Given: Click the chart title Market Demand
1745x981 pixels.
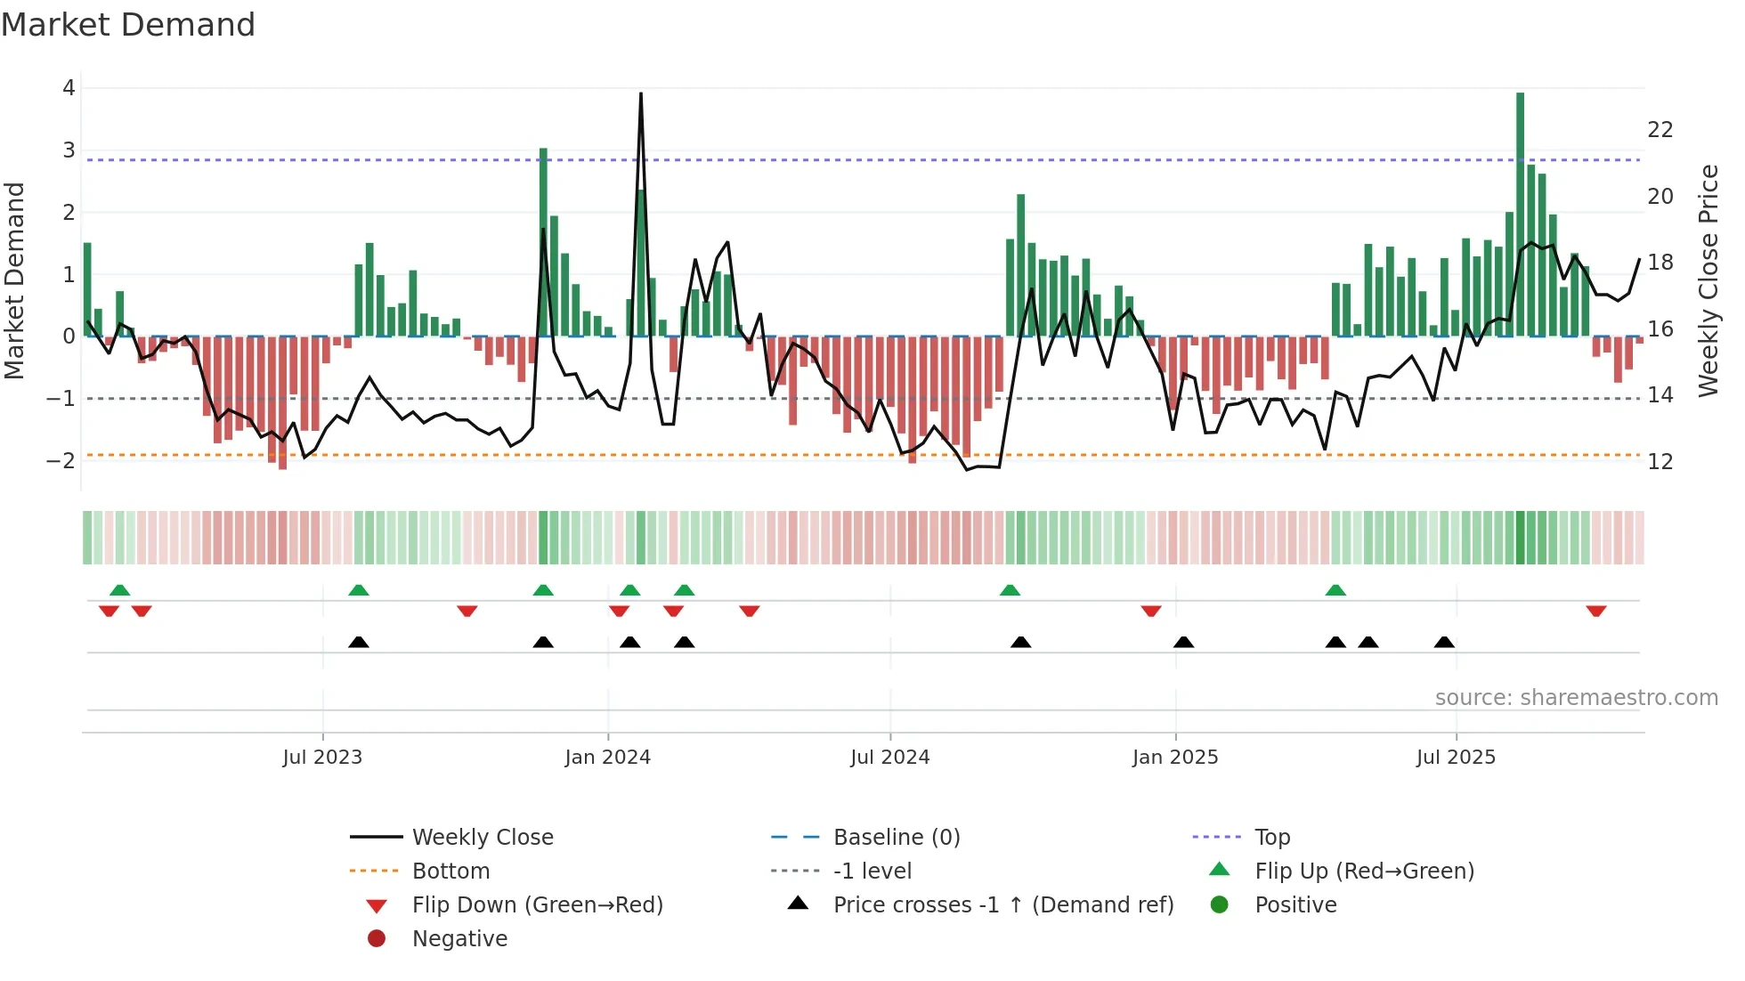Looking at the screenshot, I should pyautogui.click(x=128, y=25).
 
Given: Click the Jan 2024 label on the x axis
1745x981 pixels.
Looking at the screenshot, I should pyautogui.click(x=607, y=758).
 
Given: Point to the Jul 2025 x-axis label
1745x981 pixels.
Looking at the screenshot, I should pyautogui.click(x=1456, y=758).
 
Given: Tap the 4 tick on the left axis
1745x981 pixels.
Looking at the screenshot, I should pyautogui.click(x=69, y=88).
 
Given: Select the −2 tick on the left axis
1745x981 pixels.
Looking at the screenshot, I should pyautogui.click(x=61, y=460).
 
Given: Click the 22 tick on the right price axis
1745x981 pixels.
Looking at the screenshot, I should pyautogui.click(x=1660, y=130).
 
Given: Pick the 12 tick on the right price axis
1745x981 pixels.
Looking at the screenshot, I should pyautogui.click(x=1660, y=462).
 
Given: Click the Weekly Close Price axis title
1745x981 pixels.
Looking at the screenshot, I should pyautogui.click(x=1708, y=280).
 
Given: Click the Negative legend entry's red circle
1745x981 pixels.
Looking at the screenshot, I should pyautogui.click(x=377, y=938).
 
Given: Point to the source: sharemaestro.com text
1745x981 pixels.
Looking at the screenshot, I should pyautogui.click(x=1576, y=698).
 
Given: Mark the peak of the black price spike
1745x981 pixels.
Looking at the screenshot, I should pyautogui.click(x=641, y=93).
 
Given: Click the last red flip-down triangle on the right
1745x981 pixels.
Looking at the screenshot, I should pyautogui.click(x=1595, y=612).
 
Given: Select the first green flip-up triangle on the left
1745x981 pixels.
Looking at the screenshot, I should pyautogui.click(x=119, y=590).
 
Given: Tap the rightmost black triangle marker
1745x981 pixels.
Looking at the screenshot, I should pyautogui.click(x=1444, y=643).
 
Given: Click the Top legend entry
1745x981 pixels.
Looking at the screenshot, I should pyautogui.click(x=1271, y=837).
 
